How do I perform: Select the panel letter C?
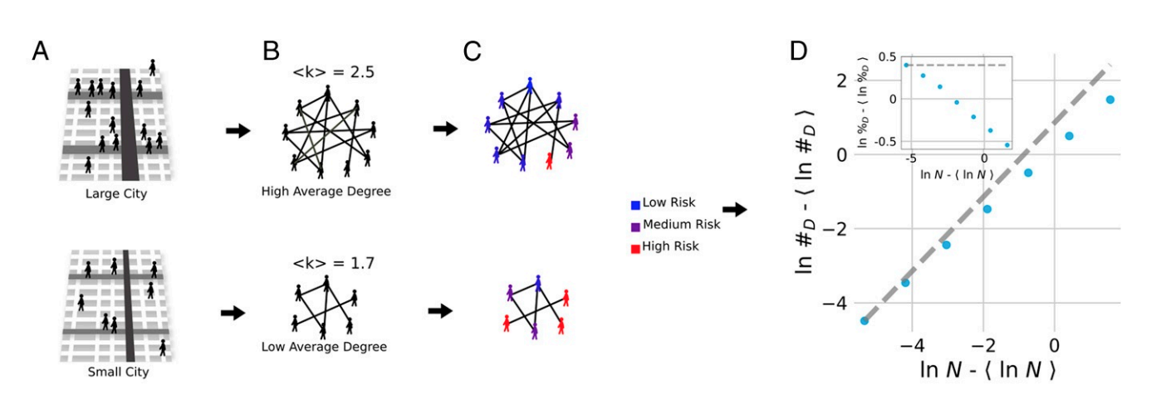(x=473, y=51)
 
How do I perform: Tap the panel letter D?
(x=798, y=51)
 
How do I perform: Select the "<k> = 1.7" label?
(x=327, y=266)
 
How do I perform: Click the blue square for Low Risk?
(x=636, y=202)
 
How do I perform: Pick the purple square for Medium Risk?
(x=636, y=224)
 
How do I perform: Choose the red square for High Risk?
(x=636, y=246)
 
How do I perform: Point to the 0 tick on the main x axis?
(x=1055, y=341)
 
